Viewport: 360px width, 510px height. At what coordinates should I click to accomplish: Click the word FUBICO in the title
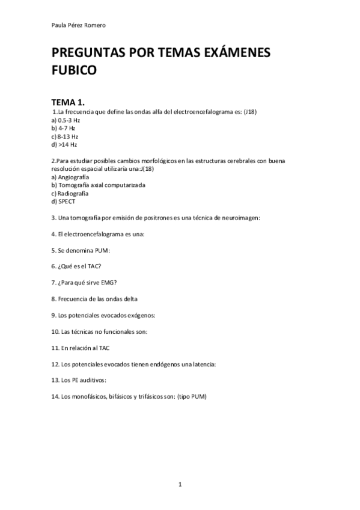(x=74, y=70)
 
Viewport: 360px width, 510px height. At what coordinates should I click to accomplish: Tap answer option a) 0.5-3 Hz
(x=66, y=120)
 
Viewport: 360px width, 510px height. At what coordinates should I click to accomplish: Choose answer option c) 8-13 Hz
(x=65, y=137)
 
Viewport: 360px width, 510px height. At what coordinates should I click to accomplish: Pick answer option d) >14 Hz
(x=64, y=144)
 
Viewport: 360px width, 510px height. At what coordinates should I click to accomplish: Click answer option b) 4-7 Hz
(x=63, y=128)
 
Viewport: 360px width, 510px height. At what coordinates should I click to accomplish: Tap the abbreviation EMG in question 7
(x=109, y=282)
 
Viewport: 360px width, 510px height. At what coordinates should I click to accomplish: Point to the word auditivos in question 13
(x=92, y=380)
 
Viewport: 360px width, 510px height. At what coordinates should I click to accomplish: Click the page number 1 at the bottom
(x=180, y=484)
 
